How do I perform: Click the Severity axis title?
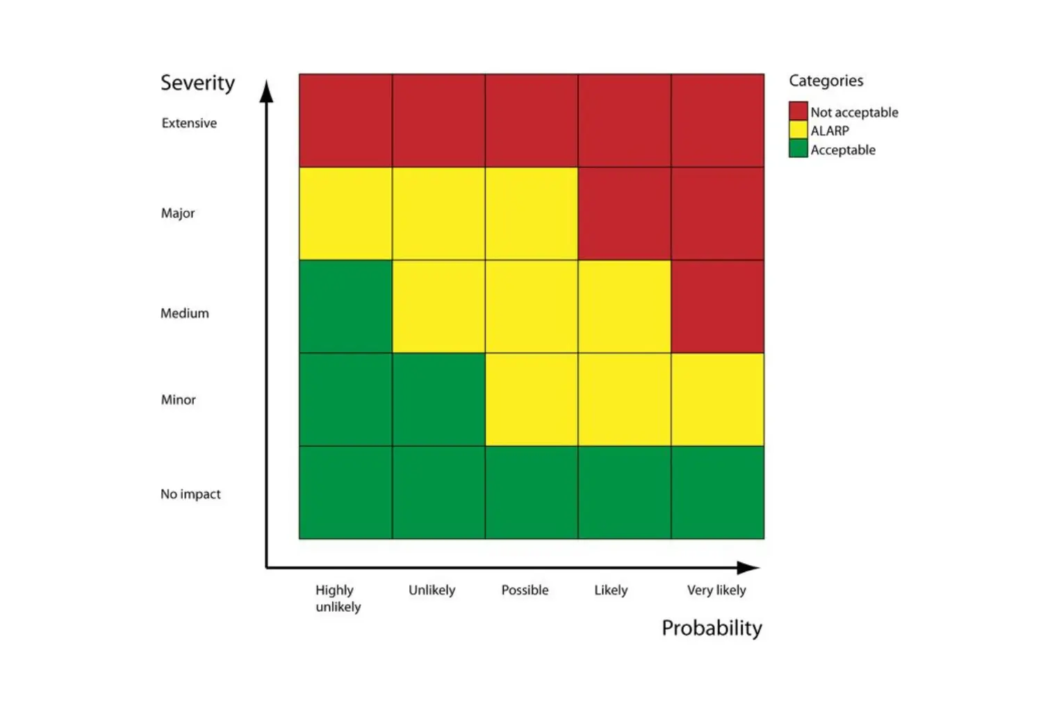pos(197,83)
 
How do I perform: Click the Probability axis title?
pos(712,628)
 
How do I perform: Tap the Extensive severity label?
pos(189,123)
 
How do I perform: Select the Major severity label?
pos(178,213)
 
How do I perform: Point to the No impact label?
pos(190,494)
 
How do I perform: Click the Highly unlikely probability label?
pos(338,598)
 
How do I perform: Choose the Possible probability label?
pos(525,590)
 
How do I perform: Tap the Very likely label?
pos(716,590)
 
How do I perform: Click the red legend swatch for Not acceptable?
pos(798,111)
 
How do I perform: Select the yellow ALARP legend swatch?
pos(798,130)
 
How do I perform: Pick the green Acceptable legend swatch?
pos(798,149)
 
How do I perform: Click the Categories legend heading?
pos(826,81)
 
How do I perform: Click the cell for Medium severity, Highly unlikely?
pos(345,307)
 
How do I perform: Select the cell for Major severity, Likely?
pos(624,213)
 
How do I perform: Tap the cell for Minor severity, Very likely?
pos(717,399)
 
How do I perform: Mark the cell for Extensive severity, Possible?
pos(531,120)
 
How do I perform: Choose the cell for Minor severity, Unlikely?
pos(438,399)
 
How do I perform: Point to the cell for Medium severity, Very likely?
pos(717,307)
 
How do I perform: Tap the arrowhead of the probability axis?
pos(748,567)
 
